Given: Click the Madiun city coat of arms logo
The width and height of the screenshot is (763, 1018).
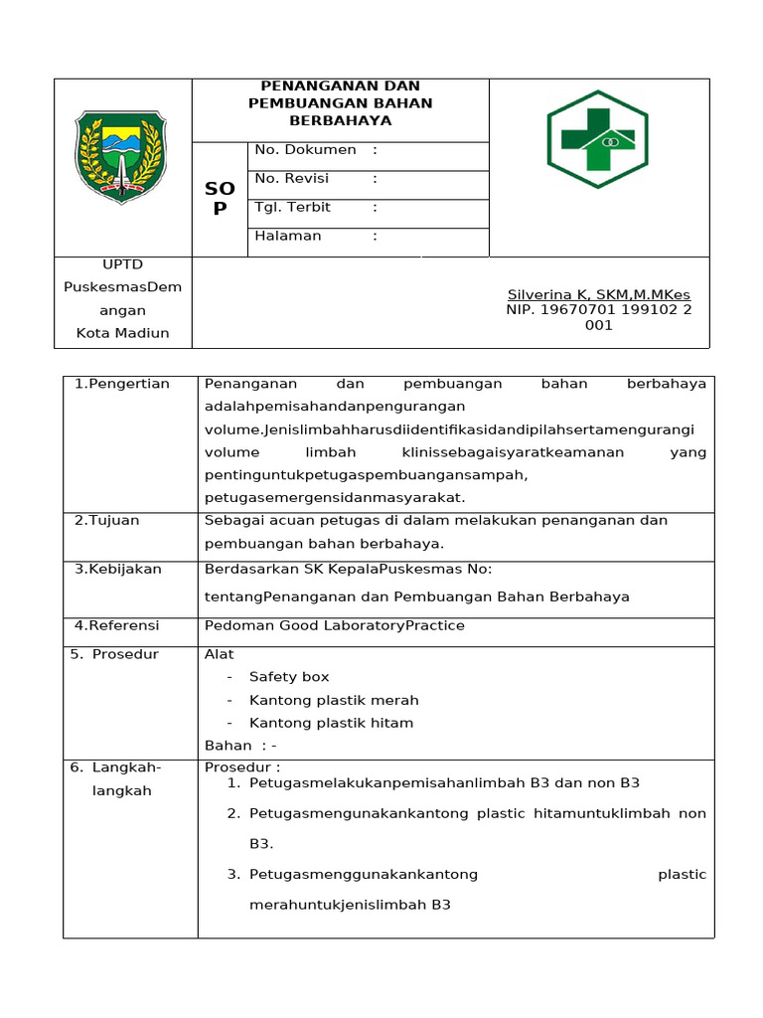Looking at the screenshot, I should coord(120,158).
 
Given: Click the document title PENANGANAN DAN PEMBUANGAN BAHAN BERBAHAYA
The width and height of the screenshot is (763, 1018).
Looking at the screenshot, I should coord(341,103).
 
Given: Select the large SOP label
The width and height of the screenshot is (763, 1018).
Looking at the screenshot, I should coord(220,198).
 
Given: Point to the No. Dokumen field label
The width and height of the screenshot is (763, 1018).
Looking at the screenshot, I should coord(306,150).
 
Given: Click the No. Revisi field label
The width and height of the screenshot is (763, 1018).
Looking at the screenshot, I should coord(292,179).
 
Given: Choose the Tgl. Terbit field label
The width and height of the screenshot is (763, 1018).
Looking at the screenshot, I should coord(293,208).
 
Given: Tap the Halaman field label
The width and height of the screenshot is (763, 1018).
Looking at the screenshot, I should coord(288,236).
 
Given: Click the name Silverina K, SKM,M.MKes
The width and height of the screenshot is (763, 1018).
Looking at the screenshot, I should coord(598,295).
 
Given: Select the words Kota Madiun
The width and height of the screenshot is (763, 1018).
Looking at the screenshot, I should coord(123,333).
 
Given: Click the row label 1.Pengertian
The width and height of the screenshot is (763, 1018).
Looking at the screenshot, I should coord(122,384).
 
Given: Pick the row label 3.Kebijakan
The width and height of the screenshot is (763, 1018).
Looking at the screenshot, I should coord(118,569).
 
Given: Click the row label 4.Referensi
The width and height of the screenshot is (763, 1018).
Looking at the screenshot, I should coord(117,625).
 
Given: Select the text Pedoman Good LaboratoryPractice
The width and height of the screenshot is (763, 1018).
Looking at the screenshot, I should coord(334,625).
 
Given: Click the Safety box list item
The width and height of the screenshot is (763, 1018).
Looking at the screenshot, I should coord(289,677).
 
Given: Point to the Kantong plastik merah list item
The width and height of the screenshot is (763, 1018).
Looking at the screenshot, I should coord(334,700).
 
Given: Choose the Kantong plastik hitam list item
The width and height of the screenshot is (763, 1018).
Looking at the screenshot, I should coord(331,723).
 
